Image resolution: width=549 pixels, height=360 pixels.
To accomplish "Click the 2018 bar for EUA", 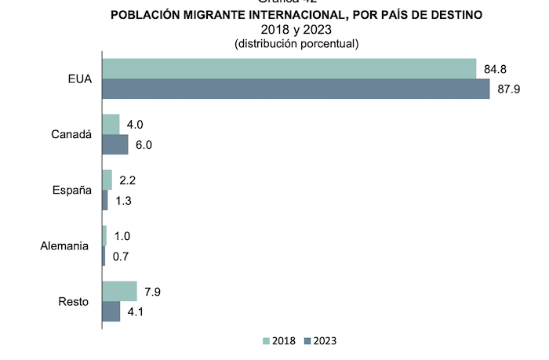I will point(289,68).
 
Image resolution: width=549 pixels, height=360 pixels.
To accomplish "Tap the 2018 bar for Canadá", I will point(111,124).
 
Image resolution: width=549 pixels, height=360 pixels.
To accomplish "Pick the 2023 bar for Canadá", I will point(115,145).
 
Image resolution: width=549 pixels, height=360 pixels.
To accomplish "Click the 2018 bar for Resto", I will point(119,291).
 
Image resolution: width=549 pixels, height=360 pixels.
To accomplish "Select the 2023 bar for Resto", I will point(111,311).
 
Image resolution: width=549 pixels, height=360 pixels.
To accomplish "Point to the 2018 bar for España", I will point(107,180).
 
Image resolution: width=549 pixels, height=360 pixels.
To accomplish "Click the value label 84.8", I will point(495,69).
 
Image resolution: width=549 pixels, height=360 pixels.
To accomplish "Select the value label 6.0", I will point(144,145).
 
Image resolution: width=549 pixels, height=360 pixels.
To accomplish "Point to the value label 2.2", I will point(129,180).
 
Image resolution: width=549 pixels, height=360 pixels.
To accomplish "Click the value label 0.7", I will point(121,256).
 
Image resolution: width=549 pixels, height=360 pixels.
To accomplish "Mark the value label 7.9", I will point(153,291).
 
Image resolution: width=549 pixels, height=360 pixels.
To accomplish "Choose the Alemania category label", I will point(64,246).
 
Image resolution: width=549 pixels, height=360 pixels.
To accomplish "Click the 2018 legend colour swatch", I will point(266,341).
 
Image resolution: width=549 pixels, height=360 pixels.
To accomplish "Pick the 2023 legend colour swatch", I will point(307,341).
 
